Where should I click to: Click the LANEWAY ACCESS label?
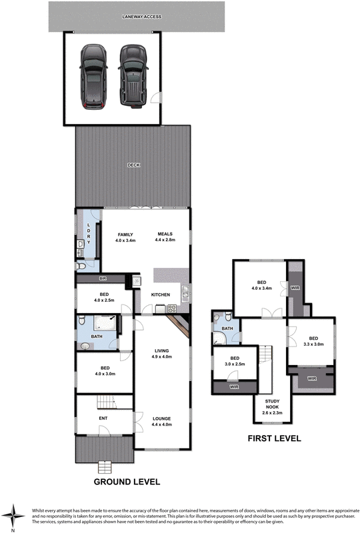click(x=137, y=16)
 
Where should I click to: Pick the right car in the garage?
click(x=131, y=76)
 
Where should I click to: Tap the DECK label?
click(x=133, y=165)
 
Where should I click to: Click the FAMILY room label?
click(x=125, y=235)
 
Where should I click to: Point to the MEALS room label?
click(x=165, y=235)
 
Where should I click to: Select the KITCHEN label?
click(x=161, y=294)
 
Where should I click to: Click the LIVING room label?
click(x=162, y=351)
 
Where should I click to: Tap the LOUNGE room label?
click(x=162, y=419)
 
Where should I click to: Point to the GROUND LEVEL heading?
click(x=126, y=481)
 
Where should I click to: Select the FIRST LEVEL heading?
click(x=274, y=438)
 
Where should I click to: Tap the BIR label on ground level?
click(x=103, y=278)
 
